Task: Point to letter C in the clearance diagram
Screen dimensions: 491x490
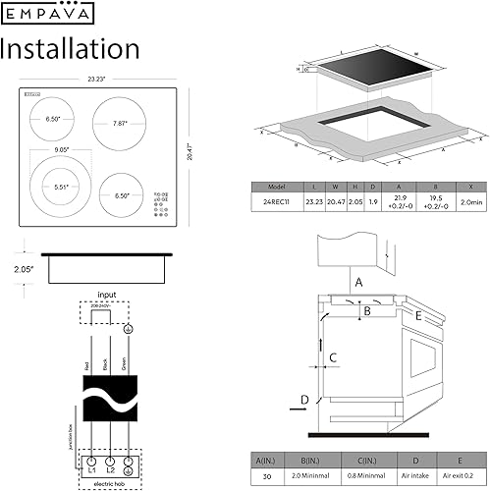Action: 333,357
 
